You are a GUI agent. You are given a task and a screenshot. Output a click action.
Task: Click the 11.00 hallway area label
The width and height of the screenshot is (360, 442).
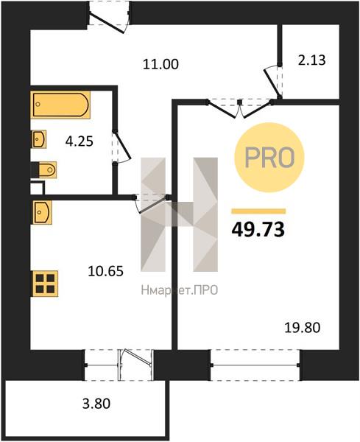pyautogui.click(x=160, y=64)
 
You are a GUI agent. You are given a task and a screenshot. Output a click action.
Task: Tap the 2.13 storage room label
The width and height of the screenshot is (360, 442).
pyautogui.click(x=312, y=60)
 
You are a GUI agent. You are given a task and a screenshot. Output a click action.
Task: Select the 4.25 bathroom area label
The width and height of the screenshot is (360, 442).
pyautogui.click(x=80, y=141)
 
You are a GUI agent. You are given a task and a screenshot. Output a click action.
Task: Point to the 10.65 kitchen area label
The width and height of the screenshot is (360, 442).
pyautogui.click(x=105, y=271)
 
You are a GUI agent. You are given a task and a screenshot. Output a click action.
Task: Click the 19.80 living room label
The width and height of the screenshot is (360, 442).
pyautogui.click(x=303, y=328)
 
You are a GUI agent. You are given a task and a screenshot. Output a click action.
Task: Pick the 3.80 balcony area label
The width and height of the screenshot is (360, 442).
pyautogui.click(x=96, y=404)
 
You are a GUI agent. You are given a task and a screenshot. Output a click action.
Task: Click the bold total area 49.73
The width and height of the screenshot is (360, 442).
pyautogui.click(x=258, y=229)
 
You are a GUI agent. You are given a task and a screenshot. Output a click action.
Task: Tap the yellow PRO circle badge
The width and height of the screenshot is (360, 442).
pyautogui.click(x=269, y=158)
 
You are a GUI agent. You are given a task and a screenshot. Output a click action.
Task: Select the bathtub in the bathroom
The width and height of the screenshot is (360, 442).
pyautogui.click(x=60, y=105)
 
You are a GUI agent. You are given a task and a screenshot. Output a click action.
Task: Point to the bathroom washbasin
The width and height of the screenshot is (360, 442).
pyautogui.click(x=38, y=139)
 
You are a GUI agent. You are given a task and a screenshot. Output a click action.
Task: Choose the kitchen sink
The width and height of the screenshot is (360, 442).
pyautogui.click(x=42, y=212)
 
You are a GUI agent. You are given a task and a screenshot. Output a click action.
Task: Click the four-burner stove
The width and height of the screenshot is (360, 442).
pyautogui.click(x=45, y=284)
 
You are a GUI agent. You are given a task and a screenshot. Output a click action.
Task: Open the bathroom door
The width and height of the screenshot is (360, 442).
pyautogui.click(x=121, y=147)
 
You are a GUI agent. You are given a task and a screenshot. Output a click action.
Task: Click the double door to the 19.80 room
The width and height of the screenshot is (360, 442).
pyautogui.click(x=240, y=108)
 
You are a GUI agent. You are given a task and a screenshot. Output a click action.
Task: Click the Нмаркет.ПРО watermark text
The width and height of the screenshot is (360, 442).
pyautogui.click(x=180, y=290)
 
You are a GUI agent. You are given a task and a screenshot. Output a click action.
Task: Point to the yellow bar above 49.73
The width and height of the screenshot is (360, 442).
pyautogui.click(x=258, y=211)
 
